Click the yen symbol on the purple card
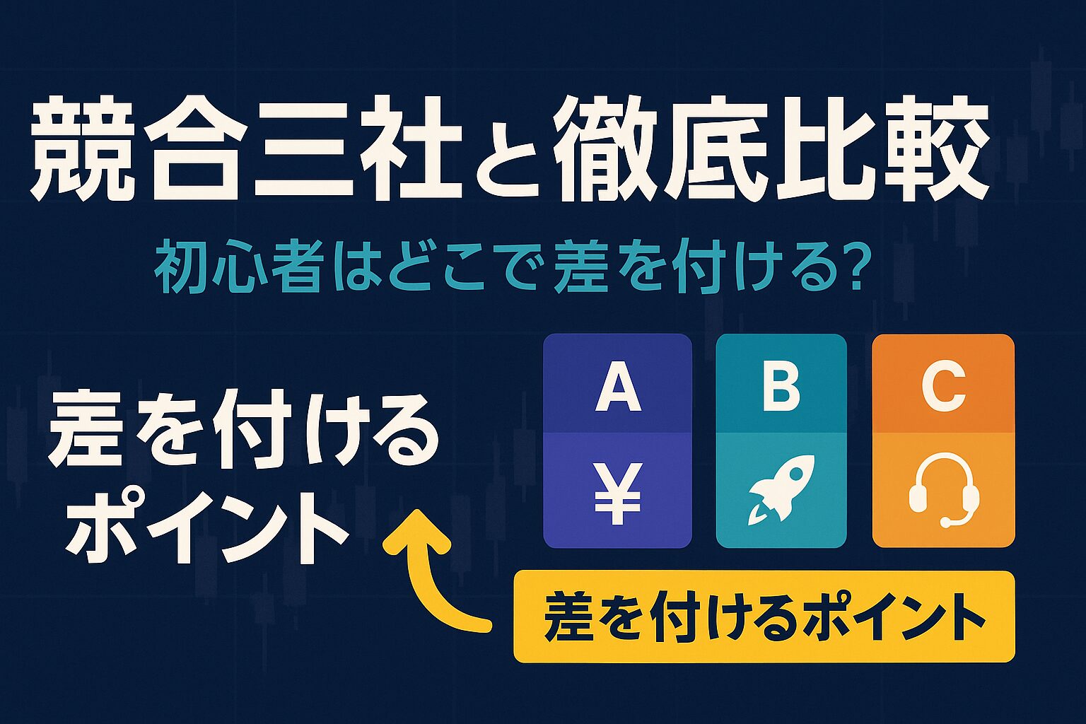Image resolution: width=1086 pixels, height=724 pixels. pos(617,494)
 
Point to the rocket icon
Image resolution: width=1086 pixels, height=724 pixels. pos(781,490)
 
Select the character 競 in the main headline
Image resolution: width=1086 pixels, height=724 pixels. pos(79,149)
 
